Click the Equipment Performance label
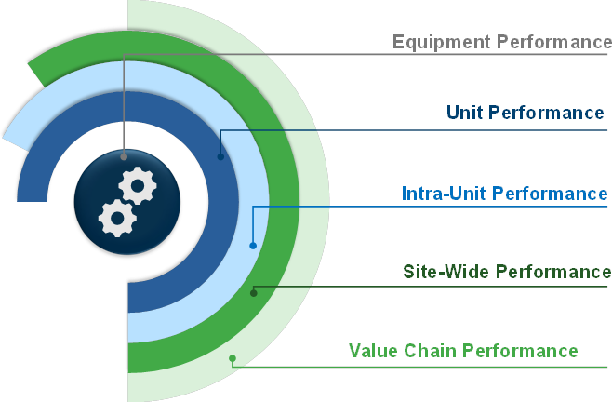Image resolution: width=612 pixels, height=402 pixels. (501, 42)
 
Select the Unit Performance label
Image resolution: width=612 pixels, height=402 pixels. (526, 114)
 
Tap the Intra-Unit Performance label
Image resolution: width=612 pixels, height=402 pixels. (505, 194)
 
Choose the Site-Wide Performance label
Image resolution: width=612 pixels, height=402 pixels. (507, 272)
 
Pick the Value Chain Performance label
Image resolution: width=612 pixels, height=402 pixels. (463, 351)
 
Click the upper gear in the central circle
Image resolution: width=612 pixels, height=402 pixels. (138, 186)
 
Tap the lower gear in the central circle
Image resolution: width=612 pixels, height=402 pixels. (117, 218)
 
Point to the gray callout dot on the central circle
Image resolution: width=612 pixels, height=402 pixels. (124, 156)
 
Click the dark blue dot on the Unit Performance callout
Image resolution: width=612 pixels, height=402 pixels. (220, 156)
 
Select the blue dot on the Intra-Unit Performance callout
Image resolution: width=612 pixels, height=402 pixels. (253, 246)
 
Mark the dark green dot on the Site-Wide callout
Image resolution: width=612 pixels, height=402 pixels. (253, 293)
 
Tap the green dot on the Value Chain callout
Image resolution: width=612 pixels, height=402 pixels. (233, 358)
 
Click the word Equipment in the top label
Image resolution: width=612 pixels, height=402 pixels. (441, 42)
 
